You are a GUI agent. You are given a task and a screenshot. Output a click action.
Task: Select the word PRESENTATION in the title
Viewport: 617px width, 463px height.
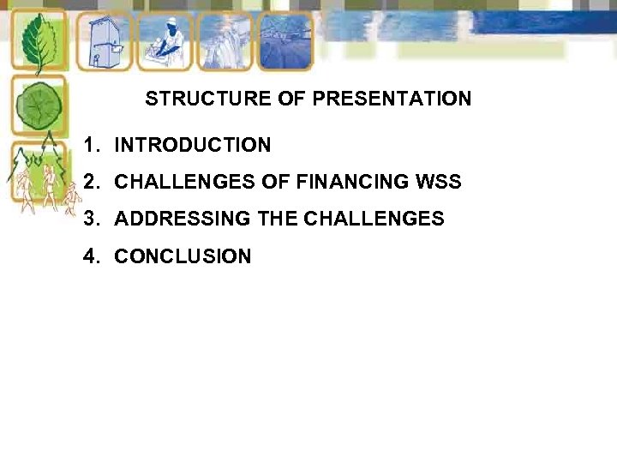pyautogui.click(x=392, y=99)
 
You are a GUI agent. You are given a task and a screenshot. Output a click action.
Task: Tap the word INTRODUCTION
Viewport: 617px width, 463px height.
pyautogui.click(x=193, y=146)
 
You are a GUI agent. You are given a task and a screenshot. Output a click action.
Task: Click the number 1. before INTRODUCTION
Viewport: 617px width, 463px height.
pyautogui.click(x=93, y=146)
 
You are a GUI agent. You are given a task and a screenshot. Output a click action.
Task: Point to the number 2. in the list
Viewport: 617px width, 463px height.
pyautogui.click(x=93, y=182)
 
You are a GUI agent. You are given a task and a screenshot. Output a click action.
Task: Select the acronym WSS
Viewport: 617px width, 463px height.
pyautogui.click(x=439, y=182)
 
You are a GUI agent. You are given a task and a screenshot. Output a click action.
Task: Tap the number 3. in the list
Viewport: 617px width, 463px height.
pyautogui.click(x=93, y=219)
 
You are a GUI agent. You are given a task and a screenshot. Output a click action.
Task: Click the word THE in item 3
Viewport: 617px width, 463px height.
pyautogui.click(x=277, y=219)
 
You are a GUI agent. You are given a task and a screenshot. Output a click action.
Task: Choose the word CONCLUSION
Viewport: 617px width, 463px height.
pyautogui.click(x=183, y=256)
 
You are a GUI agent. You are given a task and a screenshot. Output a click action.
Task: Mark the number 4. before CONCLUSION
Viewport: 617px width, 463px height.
pyautogui.click(x=93, y=256)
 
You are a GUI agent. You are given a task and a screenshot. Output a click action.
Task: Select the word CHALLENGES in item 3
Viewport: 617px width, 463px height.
pyautogui.click(x=374, y=219)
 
